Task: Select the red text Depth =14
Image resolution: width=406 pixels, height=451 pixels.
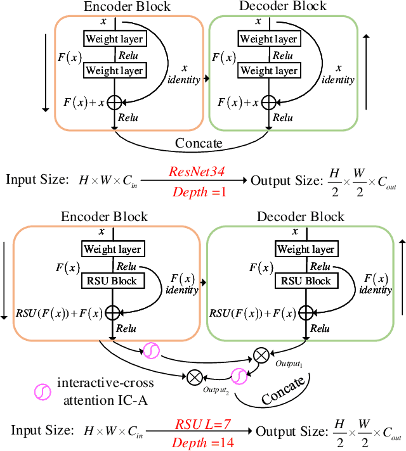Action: pos(204,443)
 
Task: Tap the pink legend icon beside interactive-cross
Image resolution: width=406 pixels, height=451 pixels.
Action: pos(42,393)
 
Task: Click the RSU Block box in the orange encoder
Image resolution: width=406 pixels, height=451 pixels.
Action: pos(112,281)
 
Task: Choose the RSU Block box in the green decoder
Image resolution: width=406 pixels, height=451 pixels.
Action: pos(306,281)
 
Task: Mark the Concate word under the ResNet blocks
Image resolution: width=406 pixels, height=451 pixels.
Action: pos(199,143)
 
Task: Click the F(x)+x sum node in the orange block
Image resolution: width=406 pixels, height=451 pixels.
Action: pos(114,101)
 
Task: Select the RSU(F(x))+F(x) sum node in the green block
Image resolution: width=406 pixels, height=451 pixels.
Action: pos(306,312)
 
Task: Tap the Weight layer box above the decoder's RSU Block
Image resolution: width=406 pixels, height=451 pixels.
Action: pos(306,249)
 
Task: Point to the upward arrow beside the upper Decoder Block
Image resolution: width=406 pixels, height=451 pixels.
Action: pos(366,70)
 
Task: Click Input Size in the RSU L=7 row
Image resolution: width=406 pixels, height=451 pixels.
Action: pos(42,430)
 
